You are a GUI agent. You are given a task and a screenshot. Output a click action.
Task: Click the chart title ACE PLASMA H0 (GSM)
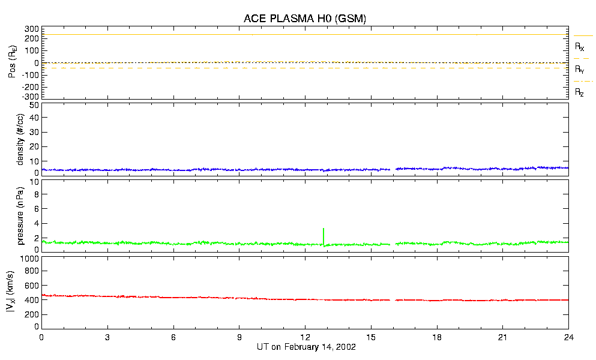click(305, 19)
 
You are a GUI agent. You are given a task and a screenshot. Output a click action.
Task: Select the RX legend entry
click(579, 46)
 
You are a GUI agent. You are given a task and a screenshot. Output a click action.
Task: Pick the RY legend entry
click(579, 70)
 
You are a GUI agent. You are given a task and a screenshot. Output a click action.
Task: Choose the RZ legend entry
click(579, 92)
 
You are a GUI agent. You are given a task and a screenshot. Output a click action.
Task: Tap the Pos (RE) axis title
click(12, 62)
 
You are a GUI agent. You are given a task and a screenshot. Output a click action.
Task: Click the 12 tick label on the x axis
click(305, 338)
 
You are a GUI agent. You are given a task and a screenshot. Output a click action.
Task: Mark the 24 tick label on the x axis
click(568, 338)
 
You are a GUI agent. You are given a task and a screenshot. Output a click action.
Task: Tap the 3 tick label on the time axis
click(107, 338)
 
